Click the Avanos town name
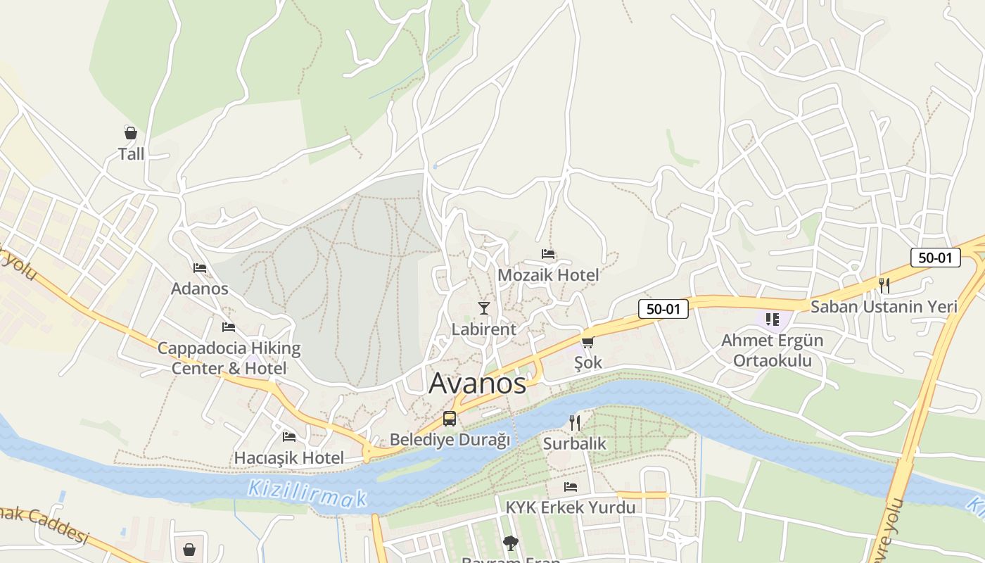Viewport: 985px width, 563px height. coord(477,384)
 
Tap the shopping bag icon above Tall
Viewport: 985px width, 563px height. coord(131,133)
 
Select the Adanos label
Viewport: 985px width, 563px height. coord(200,289)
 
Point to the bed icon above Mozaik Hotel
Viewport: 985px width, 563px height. coord(548,254)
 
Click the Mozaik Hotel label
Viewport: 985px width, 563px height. coord(548,275)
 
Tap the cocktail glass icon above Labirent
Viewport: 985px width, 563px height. coord(484,308)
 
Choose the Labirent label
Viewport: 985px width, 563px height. coord(484,329)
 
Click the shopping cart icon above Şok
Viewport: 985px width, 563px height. coord(587,342)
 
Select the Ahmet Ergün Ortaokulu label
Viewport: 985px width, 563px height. coord(773,350)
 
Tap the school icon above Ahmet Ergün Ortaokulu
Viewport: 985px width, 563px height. coord(773,320)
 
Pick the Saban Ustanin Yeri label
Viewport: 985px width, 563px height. coord(884,307)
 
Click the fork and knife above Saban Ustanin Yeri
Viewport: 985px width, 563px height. coord(884,286)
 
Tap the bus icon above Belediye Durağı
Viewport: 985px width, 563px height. coord(450,419)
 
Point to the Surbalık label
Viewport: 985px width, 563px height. coord(575,444)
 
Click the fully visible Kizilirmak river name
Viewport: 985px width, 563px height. coord(307,493)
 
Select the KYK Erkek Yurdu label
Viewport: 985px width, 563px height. coord(571,507)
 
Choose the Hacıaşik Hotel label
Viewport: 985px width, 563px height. coord(289,458)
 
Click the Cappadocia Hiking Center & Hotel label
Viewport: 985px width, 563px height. coord(229,358)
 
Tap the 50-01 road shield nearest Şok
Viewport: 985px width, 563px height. coord(663,308)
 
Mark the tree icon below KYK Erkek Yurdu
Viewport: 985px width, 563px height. coord(510,543)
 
